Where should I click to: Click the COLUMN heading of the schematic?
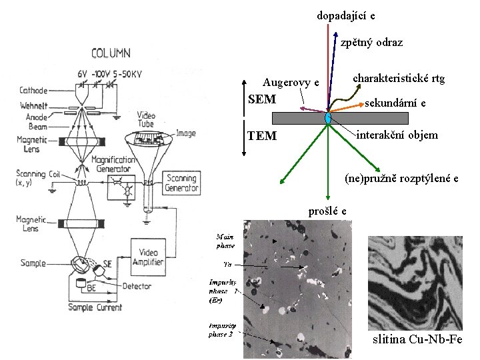point(111,53)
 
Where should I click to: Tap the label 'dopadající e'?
point(345,15)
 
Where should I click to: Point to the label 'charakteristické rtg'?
point(399,79)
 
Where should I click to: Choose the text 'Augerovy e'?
point(291,83)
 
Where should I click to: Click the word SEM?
point(261,100)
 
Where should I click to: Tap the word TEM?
point(261,136)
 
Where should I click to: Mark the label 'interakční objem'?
point(397,135)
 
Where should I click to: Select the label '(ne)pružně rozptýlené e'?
point(401,178)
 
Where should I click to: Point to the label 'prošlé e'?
point(327,211)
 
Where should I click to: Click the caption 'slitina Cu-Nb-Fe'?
point(417,340)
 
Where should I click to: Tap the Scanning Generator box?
point(181,183)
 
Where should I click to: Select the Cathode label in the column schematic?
point(33,90)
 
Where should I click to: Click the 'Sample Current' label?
point(95,307)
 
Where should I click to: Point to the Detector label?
point(137,286)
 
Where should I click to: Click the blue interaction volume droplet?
point(328,118)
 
